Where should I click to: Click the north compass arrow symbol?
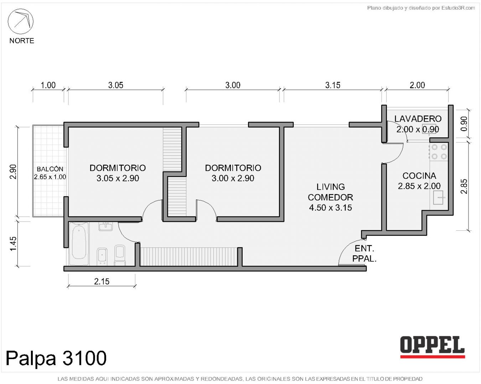coord(21,22)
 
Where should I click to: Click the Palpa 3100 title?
coord(56,358)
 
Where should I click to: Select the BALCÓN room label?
coord(50,169)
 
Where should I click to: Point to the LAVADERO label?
coord(418,119)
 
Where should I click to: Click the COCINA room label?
coord(419,176)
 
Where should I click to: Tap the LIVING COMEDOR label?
coord(330,192)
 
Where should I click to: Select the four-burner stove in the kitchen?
coord(439,152)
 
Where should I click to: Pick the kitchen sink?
coord(439,197)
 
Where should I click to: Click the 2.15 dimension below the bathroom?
coord(102,282)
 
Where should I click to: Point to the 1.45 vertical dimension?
coord(13,244)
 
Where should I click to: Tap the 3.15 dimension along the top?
coord(332,85)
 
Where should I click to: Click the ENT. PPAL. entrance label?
coord(364,254)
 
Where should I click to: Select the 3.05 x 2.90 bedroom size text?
coord(118,178)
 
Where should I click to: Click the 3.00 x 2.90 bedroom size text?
coord(233,178)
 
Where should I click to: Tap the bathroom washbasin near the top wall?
coord(105,226)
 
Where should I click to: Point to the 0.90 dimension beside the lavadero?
coord(464,124)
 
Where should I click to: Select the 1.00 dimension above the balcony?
coord(48,85)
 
